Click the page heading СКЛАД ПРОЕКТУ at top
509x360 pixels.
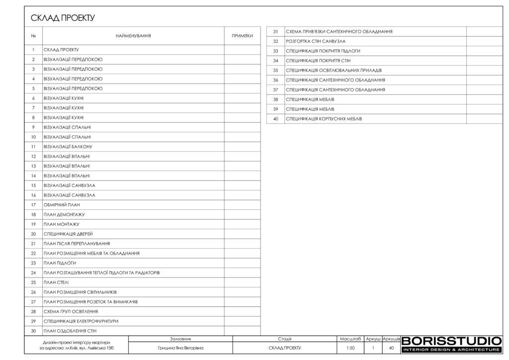coord(63,18)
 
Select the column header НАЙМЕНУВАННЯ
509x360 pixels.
coord(133,36)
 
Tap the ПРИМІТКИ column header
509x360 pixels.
coord(243,36)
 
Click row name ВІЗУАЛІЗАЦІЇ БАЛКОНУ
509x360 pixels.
coord(68,147)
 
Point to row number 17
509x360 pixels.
coord(33,205)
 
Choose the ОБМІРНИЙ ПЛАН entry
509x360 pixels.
coord(62,205)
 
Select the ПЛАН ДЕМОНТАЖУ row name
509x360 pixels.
coord(64,214)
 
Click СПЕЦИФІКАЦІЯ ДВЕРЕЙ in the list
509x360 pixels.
coord(68,234)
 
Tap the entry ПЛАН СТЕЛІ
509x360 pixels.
coord(56,282)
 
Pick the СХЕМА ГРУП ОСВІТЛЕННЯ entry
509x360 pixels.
coord(71,311)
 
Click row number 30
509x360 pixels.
coord(33,331)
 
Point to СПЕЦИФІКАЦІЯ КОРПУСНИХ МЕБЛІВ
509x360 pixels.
coord(324,119)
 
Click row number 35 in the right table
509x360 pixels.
coord(275,71)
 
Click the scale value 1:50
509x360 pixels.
coord(350,349)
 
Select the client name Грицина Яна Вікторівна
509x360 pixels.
coord(180,349)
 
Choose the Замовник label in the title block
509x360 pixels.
coord(180,339)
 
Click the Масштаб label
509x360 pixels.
coord(350,339)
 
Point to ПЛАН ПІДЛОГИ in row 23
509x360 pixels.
coord(60,263)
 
